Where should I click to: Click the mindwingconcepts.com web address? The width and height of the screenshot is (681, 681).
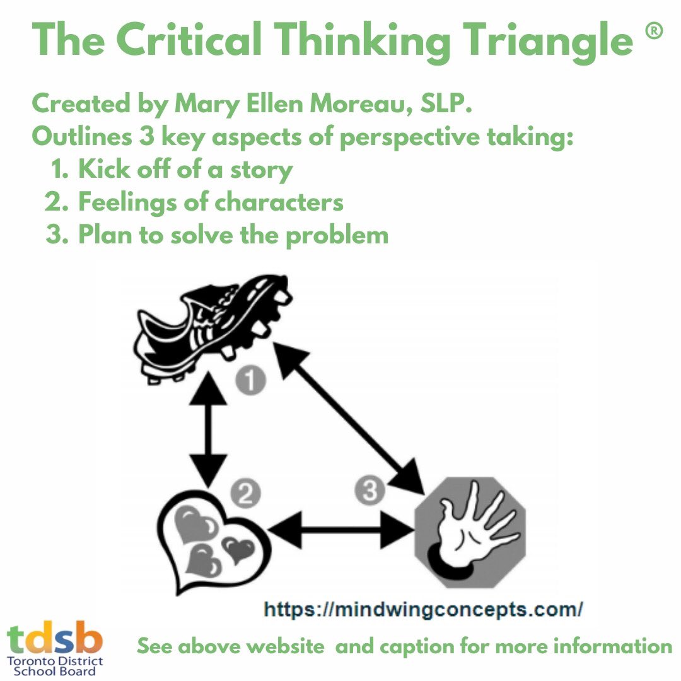point(423,610)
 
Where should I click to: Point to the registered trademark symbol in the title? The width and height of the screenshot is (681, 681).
point(654,34)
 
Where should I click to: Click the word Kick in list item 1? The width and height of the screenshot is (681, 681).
point(102,170)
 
